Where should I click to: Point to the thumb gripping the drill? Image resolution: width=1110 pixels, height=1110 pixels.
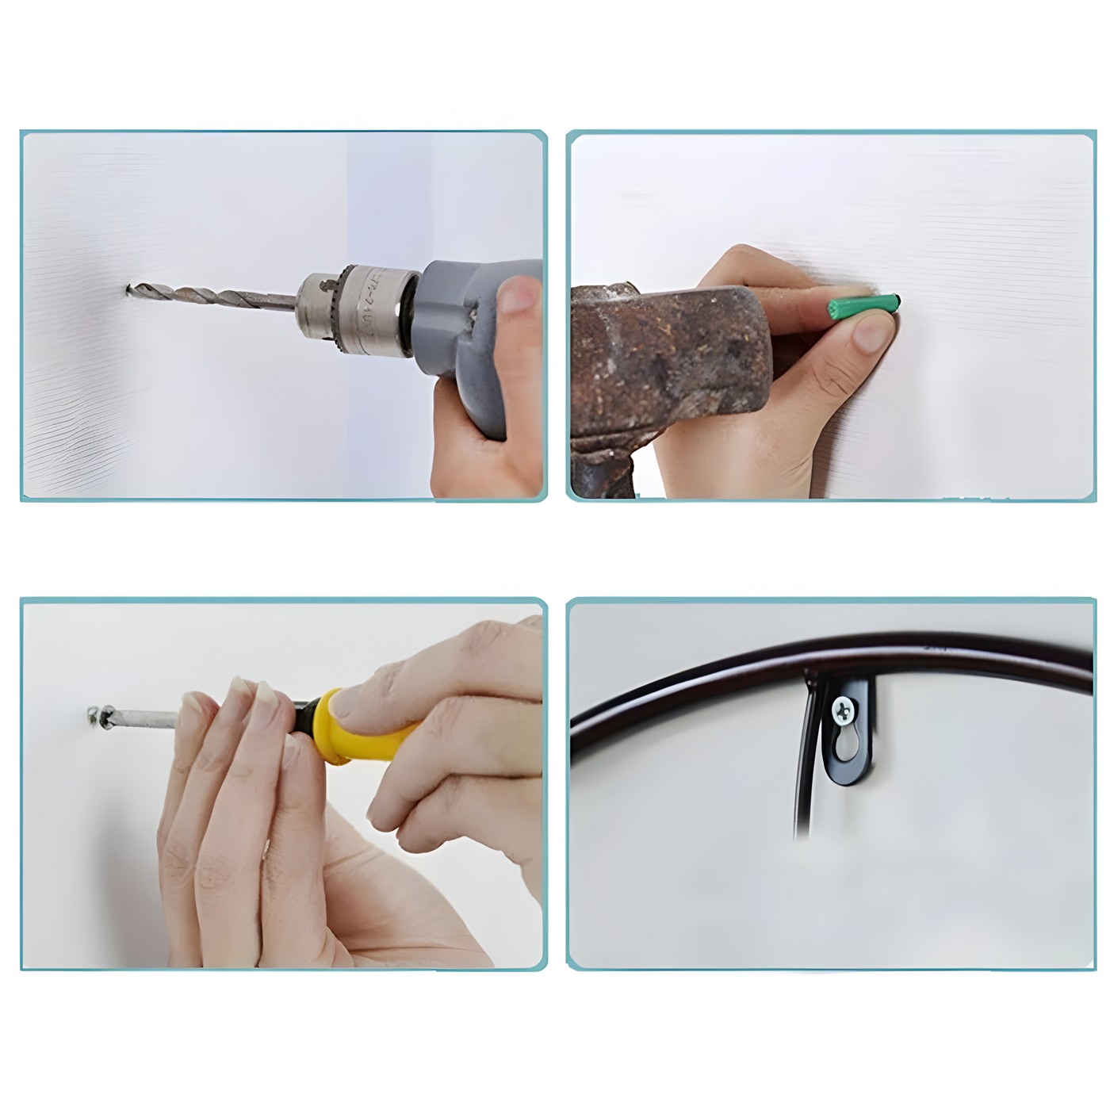519,295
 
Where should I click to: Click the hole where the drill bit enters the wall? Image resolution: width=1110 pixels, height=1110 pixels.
128,290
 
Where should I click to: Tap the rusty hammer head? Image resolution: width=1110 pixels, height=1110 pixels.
666,357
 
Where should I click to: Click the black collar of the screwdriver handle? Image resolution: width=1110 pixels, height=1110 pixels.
304,718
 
